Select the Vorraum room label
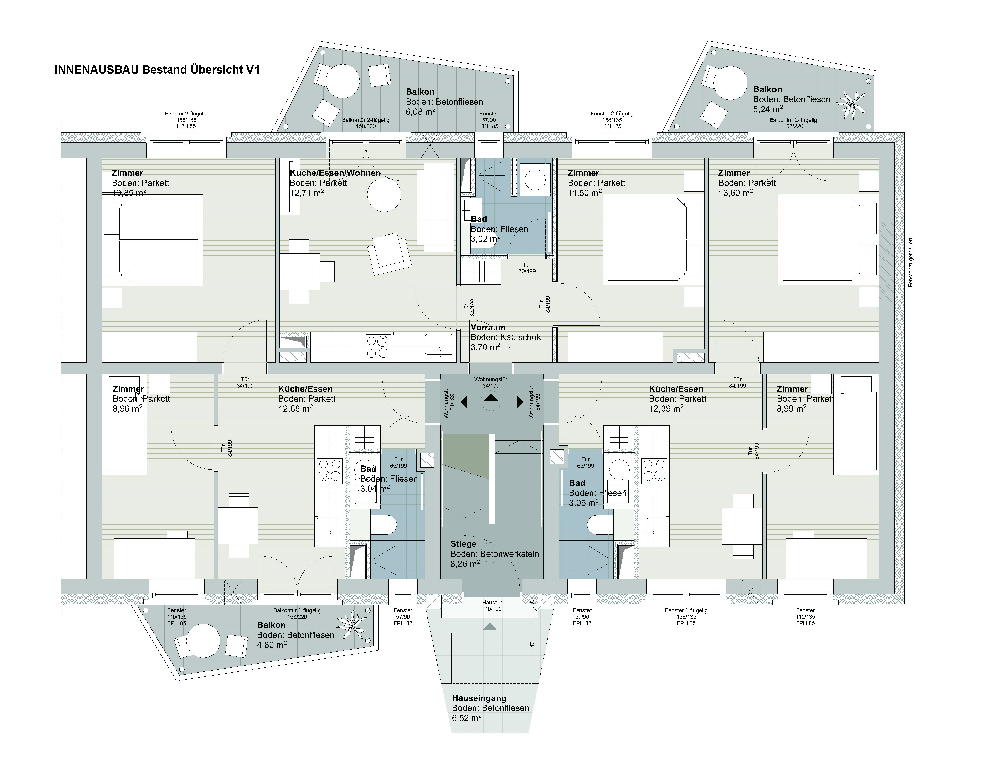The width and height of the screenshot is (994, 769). tap(488, 327)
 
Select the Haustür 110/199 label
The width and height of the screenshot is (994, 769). tap(492, 606)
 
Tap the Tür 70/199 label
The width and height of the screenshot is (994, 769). tap(527, 268)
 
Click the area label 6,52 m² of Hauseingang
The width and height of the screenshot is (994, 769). tap(467, 718)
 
